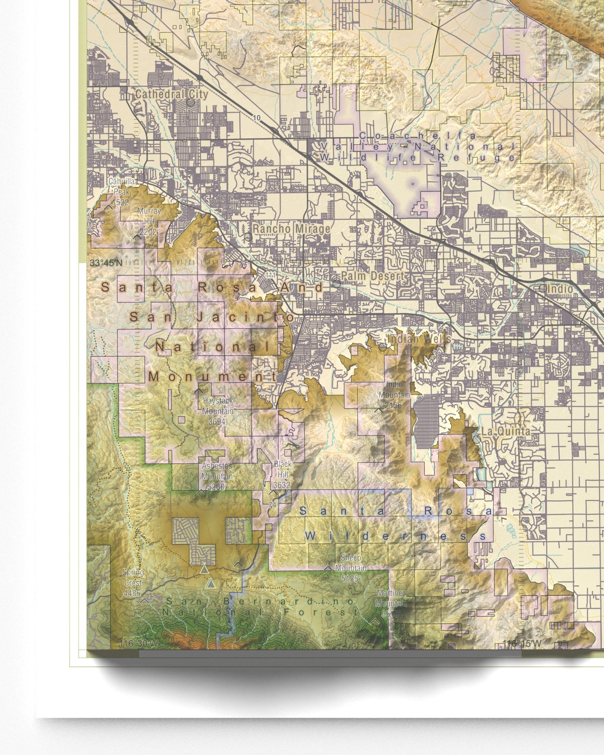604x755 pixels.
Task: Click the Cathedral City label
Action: point(171,94)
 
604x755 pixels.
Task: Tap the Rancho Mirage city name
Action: point(291,229)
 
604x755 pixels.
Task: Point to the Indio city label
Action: point(560,288)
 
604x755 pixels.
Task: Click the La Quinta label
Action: point(506,431)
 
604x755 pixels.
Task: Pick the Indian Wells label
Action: point(419,338)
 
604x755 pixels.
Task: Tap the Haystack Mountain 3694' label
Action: point(217,411)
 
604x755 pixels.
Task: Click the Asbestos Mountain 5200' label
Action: point(217,476)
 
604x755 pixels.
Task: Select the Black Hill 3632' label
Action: point(283,474)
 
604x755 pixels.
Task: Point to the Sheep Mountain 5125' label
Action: point(351,568)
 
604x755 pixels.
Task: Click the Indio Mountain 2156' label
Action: point(394,395)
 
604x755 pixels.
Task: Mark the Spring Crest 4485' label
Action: point(133,582)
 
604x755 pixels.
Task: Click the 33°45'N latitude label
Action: point(106,263)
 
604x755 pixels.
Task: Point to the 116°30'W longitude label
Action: point(139,643)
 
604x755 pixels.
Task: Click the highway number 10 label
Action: point(257,118)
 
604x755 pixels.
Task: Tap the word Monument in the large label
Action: point(212,376)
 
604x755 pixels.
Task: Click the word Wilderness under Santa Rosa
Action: point(395,536)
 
